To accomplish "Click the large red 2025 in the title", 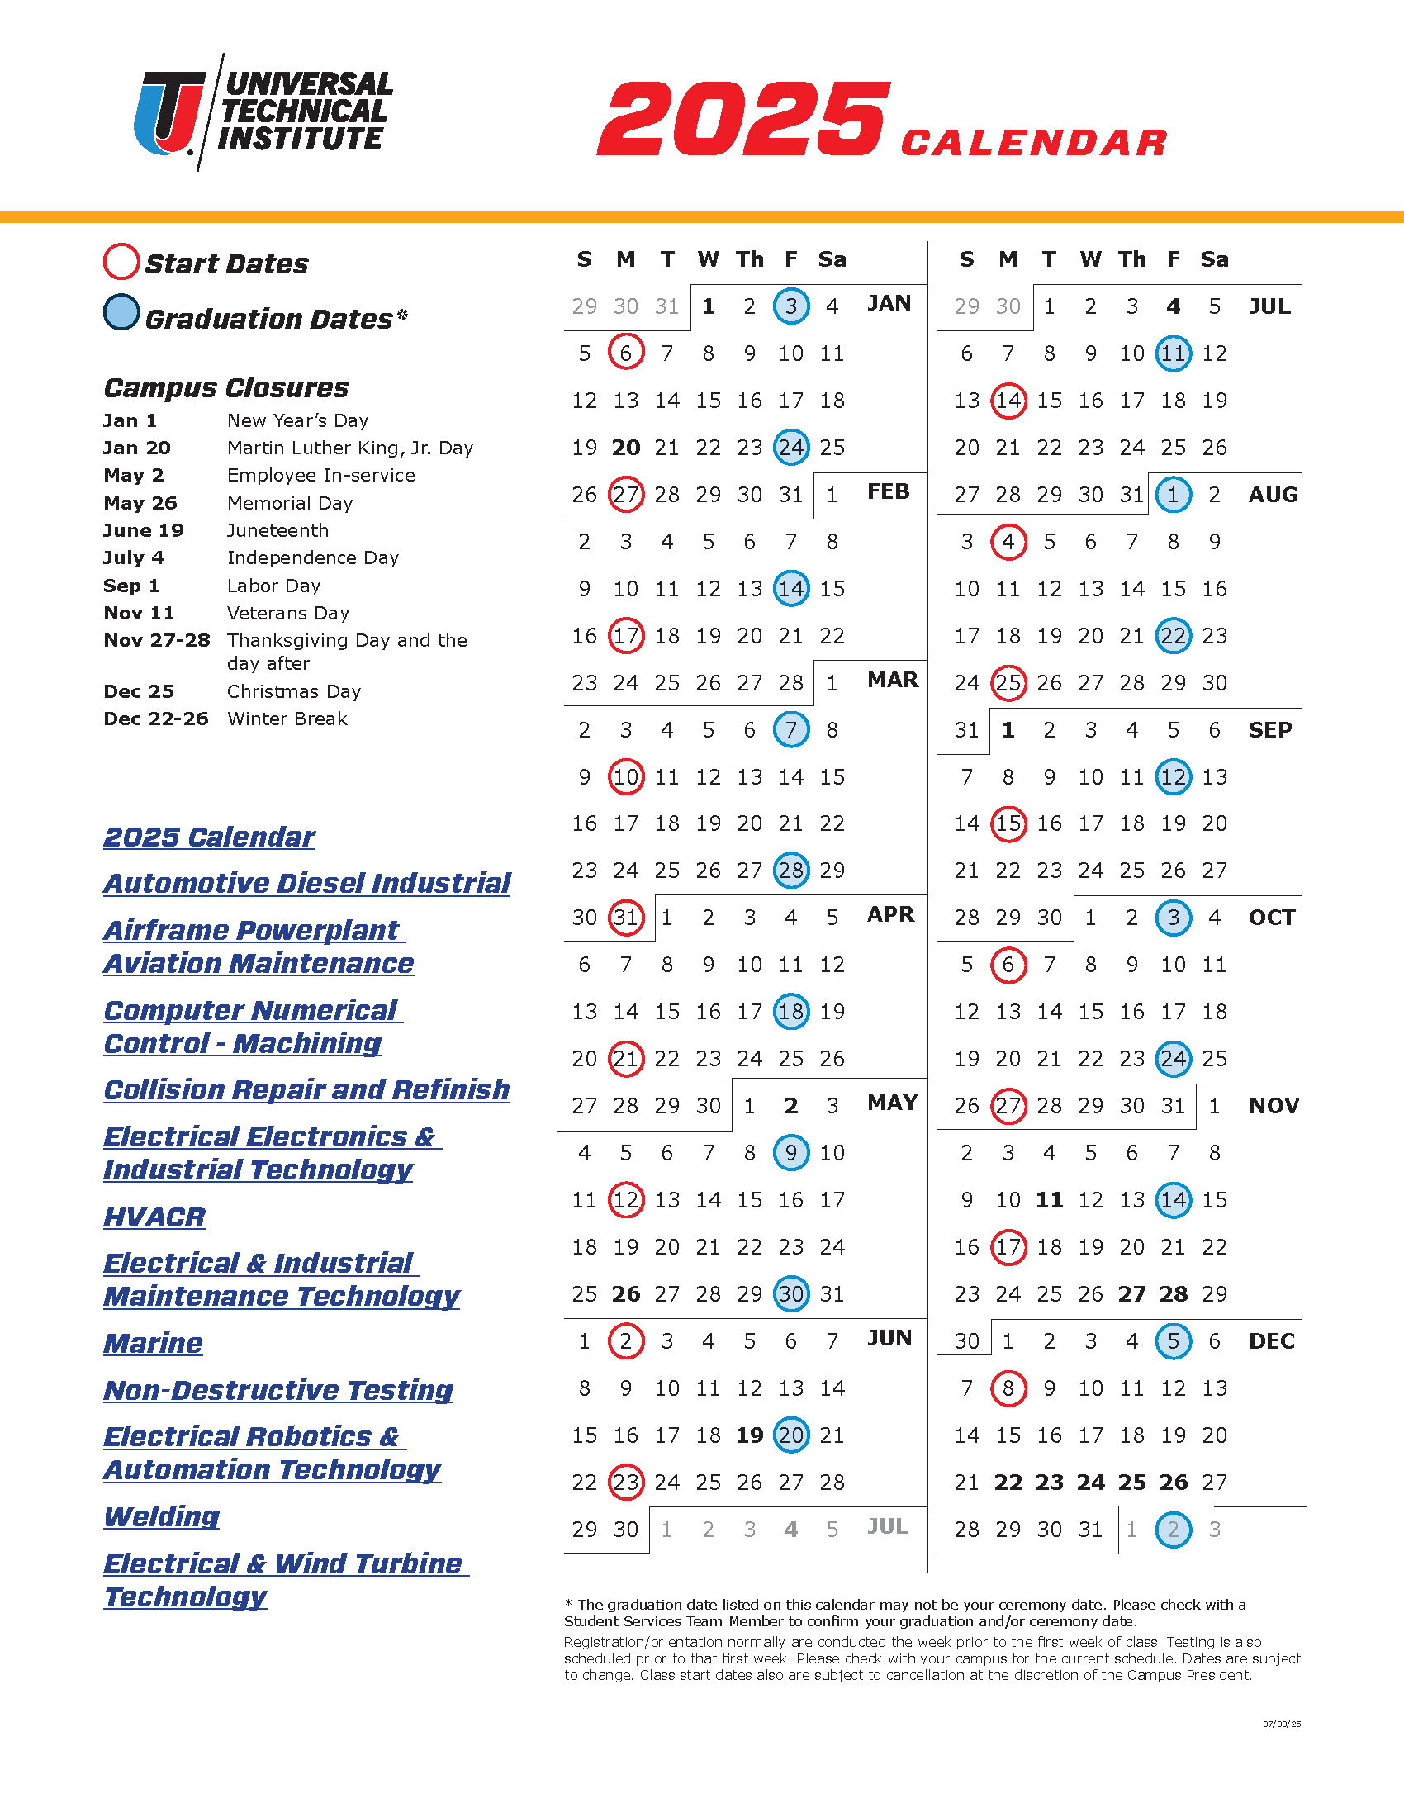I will pyautogui.click(x=743, y=119).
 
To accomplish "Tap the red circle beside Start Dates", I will pyautogui.click(x=121, y=262).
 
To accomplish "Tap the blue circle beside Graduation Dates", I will pyautogui.click(x=121, y=313).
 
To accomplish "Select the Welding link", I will pyautogui.click(x=161, y=1516).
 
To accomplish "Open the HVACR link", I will pyautogui.click(x=154, y=1217).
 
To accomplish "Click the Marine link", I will pyautogui.click(x=153, y=1344).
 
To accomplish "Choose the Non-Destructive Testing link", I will pyautogui.click(x=277, y=1390).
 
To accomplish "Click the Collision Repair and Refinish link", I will pyautogui.click(x=306, y=1090).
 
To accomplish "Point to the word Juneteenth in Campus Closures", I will pyautogui.click(x=277, y=531).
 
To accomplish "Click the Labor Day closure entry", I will pyautogui.click(x=273, y=586).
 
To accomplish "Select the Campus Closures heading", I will pyautogui.click(x=225, y=387).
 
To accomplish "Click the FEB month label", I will pyautogui.click(x=889, y=491).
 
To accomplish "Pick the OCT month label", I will pyautogui.click(x=1271, y=918).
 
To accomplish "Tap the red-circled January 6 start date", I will pyautogui.click(x=625, y=353).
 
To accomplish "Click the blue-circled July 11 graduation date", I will pyautogui.click(x=1173, y=353).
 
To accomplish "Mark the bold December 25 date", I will pyautogui.click(x=1131, y=1483).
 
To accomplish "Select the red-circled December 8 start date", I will pyautogui.click(x=1008, y=1388).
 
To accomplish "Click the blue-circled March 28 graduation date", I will pyautogui.click(x=790, y=871).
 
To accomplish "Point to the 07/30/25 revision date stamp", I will pyautogui.click(x=1281, y=1724).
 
